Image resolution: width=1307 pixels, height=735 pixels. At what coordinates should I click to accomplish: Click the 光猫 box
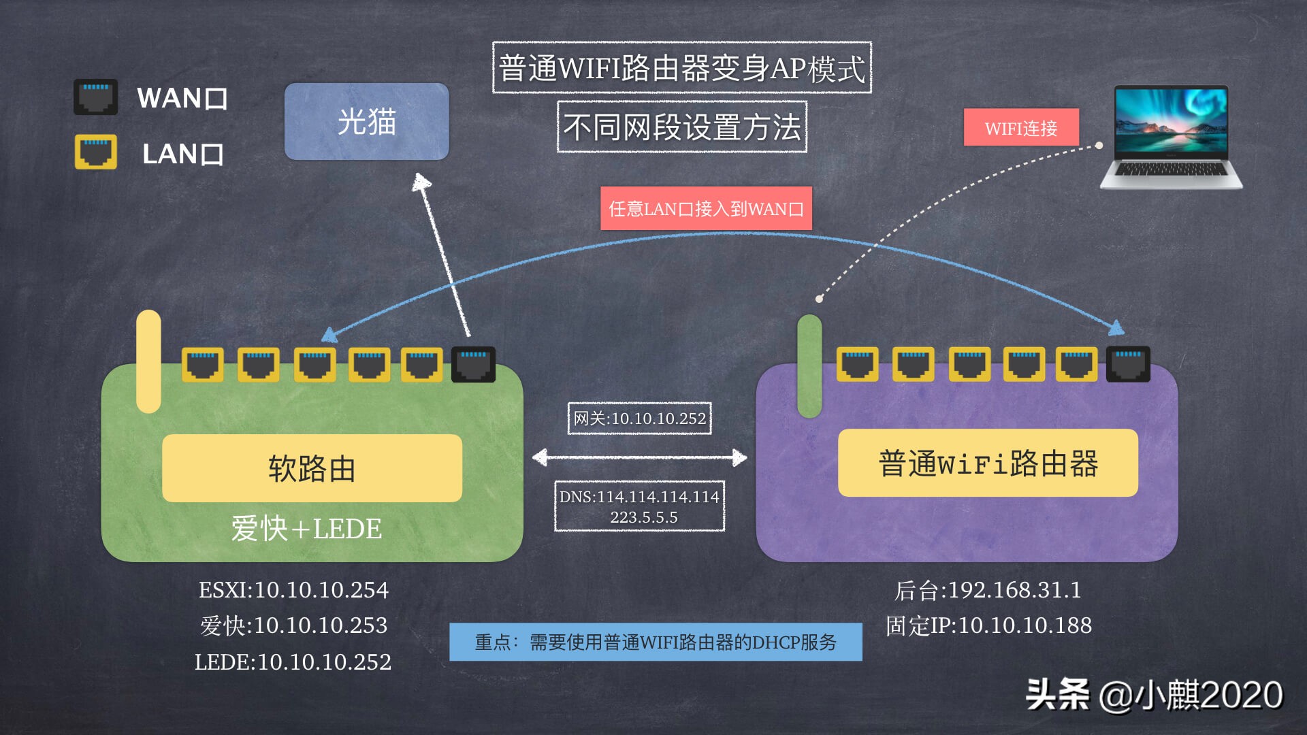pyautogui.click(x=366, y=122)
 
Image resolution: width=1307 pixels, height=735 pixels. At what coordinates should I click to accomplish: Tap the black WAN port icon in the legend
pyautogui.click(x=95, y=97)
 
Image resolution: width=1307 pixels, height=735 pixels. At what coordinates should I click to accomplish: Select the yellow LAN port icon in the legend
pyautogui.click(x=95, y=152)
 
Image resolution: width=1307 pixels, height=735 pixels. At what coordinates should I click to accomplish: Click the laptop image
pyautogui.click(x=1171, y=137)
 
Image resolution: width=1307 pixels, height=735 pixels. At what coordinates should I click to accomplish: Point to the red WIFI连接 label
pyautogui.click(x=1021, y=127)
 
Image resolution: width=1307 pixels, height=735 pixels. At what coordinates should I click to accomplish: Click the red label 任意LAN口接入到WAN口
pyautogui.click(x=706, y=208)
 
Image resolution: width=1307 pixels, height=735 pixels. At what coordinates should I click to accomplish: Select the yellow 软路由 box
pyautogui.click(x=312, y=468)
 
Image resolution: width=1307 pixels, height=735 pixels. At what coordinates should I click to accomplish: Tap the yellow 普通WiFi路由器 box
pyautogui.click(x=988, y=463)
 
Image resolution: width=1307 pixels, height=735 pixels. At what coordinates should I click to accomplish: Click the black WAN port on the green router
pyautogui.click(x=474, y=365)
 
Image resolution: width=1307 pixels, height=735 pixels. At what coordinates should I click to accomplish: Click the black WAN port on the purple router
pyautogui.click(x=1128, y=364)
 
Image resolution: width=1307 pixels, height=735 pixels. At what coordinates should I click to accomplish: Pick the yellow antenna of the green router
pyautogui.click(x=148, y=361)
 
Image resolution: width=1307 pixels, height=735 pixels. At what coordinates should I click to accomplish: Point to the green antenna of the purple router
pyautogui.click(x=809, y=366)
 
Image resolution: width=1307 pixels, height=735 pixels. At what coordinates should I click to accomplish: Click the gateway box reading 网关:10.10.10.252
pyautogui.click(x=639, y=419)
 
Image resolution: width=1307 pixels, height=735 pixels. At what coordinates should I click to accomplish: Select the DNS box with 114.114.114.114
pyautogui.click(x=639, y=506)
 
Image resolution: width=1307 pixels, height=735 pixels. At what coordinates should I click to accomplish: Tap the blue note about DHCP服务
pyautogui.click(x=656, y=642)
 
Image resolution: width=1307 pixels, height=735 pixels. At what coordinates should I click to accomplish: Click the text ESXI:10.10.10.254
pyautogui.click(x=293, y=590)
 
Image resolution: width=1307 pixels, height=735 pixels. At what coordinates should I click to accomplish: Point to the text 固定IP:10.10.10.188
pyautogui.click(x=988, y=625)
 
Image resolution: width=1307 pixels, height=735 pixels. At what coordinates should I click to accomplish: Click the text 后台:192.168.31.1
pyautogui.click(x=988, y=590)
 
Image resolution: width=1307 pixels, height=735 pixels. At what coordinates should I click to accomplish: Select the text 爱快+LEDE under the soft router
pyautogui.click(x=306, y=529)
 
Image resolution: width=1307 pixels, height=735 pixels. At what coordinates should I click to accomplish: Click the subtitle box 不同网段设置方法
pyautogui.click(x=681, y=127)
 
